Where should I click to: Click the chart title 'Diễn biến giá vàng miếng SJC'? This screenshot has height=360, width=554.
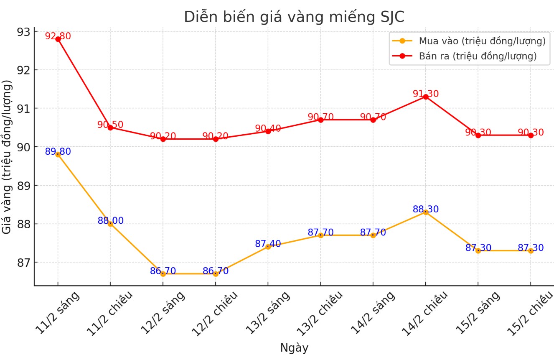(x=294, y=17)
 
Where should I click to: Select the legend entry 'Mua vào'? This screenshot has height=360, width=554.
(x=482, y=41)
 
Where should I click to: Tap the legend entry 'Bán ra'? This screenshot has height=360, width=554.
(x=478, y=56)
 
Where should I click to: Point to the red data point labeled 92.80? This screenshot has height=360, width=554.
(x=58, y=39)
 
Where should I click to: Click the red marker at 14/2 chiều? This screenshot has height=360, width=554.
(x=425, y=97)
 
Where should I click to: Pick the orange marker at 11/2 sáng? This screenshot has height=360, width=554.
(x=58, y=154)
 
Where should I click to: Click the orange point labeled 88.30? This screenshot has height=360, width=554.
(x=425, y=212)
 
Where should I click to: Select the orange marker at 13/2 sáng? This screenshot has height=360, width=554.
(x=268, y=247)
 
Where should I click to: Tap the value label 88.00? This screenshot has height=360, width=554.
(x=110, y=221)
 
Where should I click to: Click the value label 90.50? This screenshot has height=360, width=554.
(x=110, y=125)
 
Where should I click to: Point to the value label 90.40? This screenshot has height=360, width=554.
(x=268, y=128)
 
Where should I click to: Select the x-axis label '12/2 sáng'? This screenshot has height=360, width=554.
(x=163, y=312)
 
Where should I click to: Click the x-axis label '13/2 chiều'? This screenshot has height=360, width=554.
(x=320, y=312)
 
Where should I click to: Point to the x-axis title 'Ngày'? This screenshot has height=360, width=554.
(x=294, y=348)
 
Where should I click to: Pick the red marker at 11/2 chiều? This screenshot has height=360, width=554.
(x=110, y=128)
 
